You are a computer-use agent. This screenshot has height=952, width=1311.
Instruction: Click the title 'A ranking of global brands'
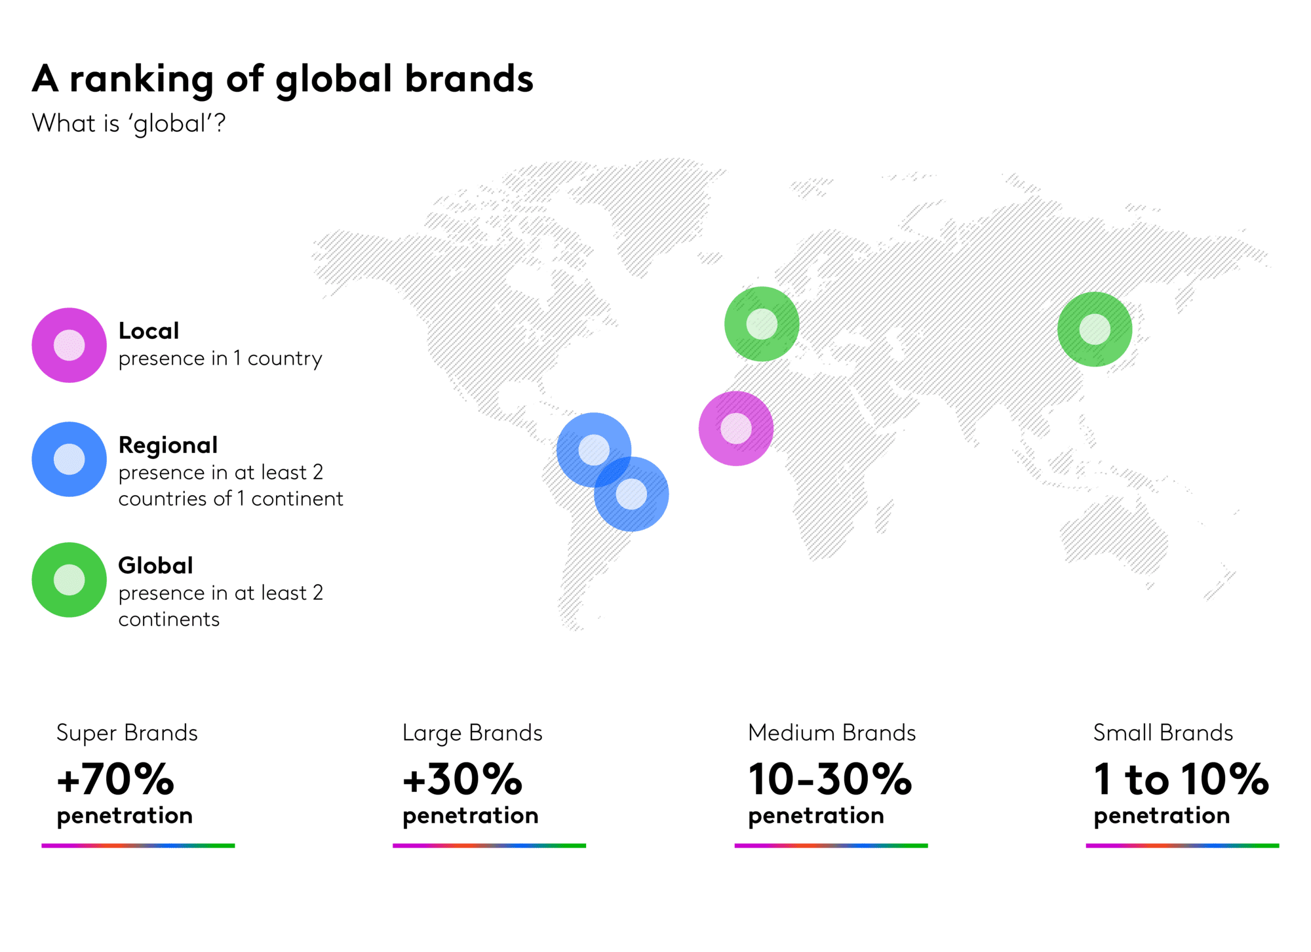click(283, 80)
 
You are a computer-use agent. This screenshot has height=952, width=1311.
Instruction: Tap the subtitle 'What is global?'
click(128, 124)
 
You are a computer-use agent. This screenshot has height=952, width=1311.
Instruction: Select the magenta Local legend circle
click(69, 345)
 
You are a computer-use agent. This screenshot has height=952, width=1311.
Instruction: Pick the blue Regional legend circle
click(69, 459)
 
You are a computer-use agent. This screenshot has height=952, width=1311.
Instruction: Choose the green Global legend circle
click(69, 580)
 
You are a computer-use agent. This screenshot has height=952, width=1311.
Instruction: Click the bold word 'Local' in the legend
click(149, 330)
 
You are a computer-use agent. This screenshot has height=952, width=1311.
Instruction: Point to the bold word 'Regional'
click(168, 445)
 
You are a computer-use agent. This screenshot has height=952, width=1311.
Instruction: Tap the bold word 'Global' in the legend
click(155, 565)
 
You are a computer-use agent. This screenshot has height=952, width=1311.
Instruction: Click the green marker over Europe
click(762, 324)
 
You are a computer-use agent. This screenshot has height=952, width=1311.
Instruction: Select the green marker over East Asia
click(1095, 329)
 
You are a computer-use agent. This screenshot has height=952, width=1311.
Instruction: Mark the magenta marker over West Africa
click(736, 429)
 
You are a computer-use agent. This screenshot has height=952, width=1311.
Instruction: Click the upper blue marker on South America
click(594, 450)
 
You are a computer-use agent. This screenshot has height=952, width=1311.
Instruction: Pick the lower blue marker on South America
click(631, 494)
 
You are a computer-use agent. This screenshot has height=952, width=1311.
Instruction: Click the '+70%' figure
click(115, 779)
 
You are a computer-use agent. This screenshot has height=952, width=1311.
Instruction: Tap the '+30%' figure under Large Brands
click(462, 779)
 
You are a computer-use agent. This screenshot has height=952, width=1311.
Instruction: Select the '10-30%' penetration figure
click(830, 779)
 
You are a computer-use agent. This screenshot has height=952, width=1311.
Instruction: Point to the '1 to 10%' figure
click(1181, 779)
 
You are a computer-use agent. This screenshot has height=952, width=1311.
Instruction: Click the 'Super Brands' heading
click(127, 733)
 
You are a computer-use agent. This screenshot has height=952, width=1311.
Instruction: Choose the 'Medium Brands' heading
click(832, 732)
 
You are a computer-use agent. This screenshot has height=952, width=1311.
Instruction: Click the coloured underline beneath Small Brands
click(1183, 846)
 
